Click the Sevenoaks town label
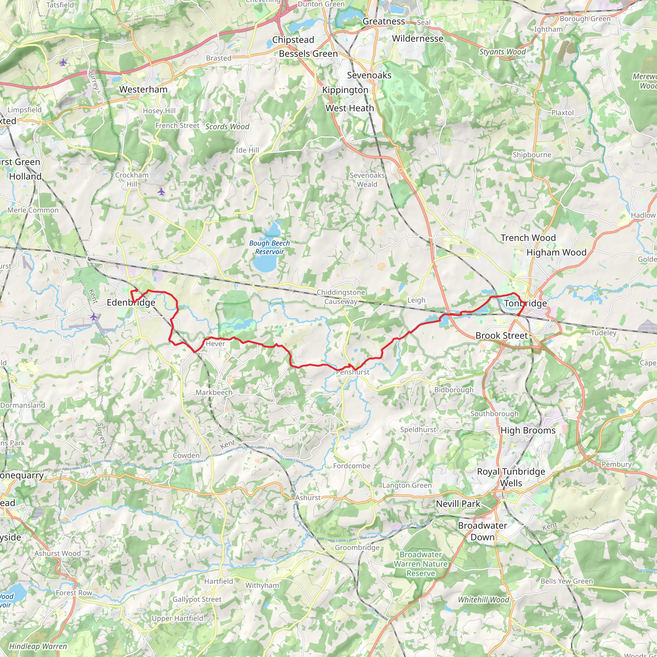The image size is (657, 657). (x=369, y=75)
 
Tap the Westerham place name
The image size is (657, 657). (x=143, y=90)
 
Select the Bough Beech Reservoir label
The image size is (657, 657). (x=269, y=247)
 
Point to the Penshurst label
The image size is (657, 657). (x=353, y=372)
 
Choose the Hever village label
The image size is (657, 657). (x=215, y=344)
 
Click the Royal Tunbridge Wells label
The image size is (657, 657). (x=511, y=477)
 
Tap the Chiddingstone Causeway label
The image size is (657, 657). (x=341, y=297)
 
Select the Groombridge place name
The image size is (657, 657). (x=357, y=548)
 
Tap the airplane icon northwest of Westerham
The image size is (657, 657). (x=63, y=63)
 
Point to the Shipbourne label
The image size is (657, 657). (x=532, y=155)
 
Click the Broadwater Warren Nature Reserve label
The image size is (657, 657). (x=421, y=564)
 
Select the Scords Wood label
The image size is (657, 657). (x=227, y=126)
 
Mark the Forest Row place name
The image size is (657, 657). (x=74, y=593)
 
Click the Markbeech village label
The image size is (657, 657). (x=214, y=392)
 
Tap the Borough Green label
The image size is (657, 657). (x=585, y=19)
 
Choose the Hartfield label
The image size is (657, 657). (x=218, y=581)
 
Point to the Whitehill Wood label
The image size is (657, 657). (x=483, y=600)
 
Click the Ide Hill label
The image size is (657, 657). (x=247, y=150)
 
